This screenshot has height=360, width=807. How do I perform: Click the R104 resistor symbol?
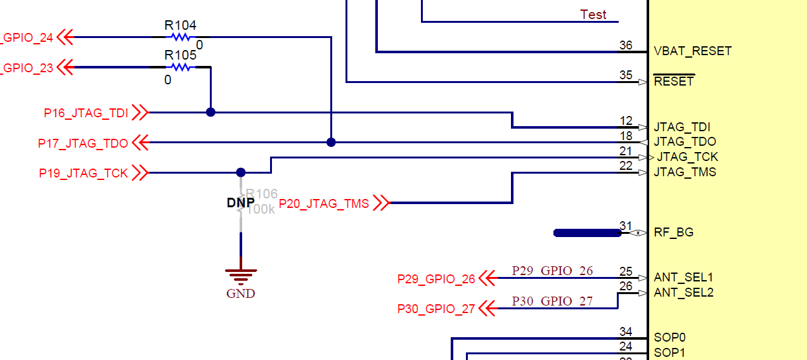[x=181, y=37]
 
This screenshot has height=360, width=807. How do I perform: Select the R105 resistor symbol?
[x=181, y=67]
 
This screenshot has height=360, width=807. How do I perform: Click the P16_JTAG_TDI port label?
[x=86, y=113]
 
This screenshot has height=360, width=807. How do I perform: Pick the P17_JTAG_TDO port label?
[x=83, y=143]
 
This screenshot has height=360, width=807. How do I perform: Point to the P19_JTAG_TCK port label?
[x=84, y=173]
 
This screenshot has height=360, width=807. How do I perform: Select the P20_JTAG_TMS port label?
[x=324, y=203]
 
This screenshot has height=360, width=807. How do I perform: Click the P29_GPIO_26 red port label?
[x=436, y=279]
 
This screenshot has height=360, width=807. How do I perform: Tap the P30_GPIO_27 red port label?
[x=436, y=309]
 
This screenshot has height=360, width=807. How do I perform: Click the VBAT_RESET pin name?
[x=693, y=51]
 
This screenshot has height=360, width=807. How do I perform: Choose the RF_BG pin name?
[x=674, y=232]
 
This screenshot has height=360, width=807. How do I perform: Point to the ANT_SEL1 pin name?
[x=683, y=278]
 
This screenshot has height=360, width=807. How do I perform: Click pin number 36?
[x=626, y=45]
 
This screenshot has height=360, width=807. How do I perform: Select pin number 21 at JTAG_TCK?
[x=626, y=151]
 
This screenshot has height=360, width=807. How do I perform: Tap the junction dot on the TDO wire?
[x=331, y=143]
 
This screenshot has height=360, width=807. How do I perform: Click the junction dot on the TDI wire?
[x=210, y=112]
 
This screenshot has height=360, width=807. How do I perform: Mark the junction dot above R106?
[x=240, y=172]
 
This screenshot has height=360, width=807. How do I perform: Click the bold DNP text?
[x=241, y=203]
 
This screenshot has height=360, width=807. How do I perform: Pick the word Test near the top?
[x=593, y=15]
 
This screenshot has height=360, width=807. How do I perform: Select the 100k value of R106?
[x=261, y=209]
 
